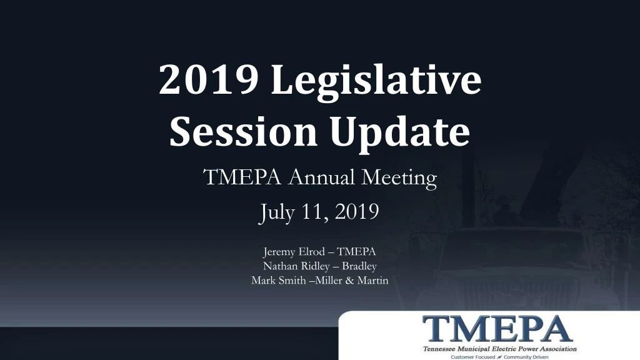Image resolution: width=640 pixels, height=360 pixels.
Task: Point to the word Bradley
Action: click(359, 266)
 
